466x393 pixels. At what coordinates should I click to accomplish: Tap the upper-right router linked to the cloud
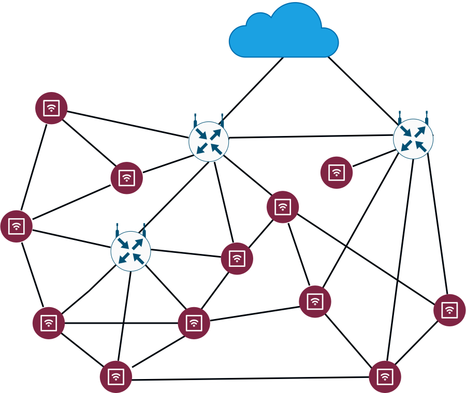(413, 139)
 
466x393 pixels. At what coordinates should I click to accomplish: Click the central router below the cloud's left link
(209, 142)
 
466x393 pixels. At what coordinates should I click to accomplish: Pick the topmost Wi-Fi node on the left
(51, 108)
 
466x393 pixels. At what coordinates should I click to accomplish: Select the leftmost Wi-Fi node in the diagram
(16, 226)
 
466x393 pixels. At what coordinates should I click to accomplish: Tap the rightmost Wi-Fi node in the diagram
(449, 310)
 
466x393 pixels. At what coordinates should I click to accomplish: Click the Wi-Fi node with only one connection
(337, 172)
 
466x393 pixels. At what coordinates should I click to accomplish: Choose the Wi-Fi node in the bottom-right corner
(385, 377)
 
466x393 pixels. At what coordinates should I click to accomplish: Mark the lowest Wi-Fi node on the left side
(115, 377)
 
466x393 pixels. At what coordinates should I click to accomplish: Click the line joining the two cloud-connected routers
(311, 137)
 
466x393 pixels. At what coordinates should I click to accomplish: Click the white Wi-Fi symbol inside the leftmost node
(16, 226)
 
